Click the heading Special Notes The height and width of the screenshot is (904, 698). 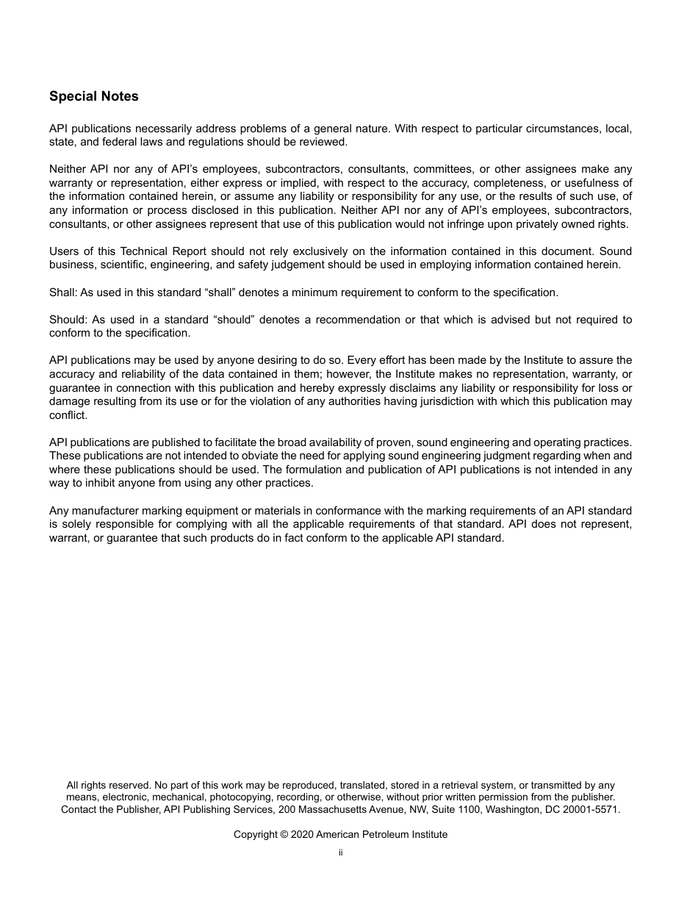93,96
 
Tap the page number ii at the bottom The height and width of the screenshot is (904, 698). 340,853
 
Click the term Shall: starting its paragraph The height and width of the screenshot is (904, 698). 62,293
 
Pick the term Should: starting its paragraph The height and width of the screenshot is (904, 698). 67,320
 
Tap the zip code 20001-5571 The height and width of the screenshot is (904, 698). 593,809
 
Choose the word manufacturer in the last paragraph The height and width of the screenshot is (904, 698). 101,511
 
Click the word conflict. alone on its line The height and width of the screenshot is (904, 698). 68,415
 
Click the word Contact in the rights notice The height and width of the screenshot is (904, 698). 79,809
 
